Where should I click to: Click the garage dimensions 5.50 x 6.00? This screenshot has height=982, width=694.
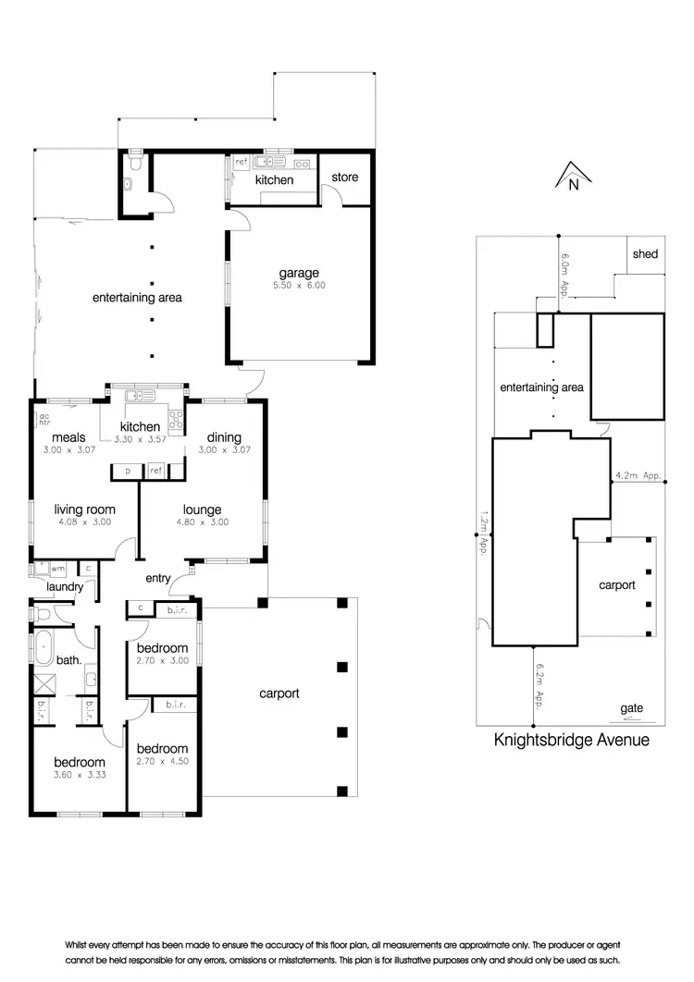coord(299,286)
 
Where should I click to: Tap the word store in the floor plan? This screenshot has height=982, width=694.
coord(344,178)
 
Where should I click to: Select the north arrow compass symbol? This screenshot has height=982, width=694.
coord(573,176)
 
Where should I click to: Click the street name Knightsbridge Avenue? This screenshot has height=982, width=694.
coord(571,740)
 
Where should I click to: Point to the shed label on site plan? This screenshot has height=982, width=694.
coord(645,253)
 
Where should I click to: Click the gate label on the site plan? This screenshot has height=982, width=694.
coord(632,708)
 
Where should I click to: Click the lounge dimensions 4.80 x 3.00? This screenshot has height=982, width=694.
coord(202,522)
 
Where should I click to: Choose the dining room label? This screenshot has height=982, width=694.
coord(224,437)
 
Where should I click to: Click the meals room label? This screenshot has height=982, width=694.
coord(68,437)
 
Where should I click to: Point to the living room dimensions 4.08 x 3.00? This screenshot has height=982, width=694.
coord(83,522)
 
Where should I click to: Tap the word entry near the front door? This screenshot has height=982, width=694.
coord(158,578)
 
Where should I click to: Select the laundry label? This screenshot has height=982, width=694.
coord(66,586)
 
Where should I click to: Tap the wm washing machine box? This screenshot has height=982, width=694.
coord(56,569)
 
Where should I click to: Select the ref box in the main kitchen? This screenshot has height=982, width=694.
coord(155,472)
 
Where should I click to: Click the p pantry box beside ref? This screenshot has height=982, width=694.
coord(126,472)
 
